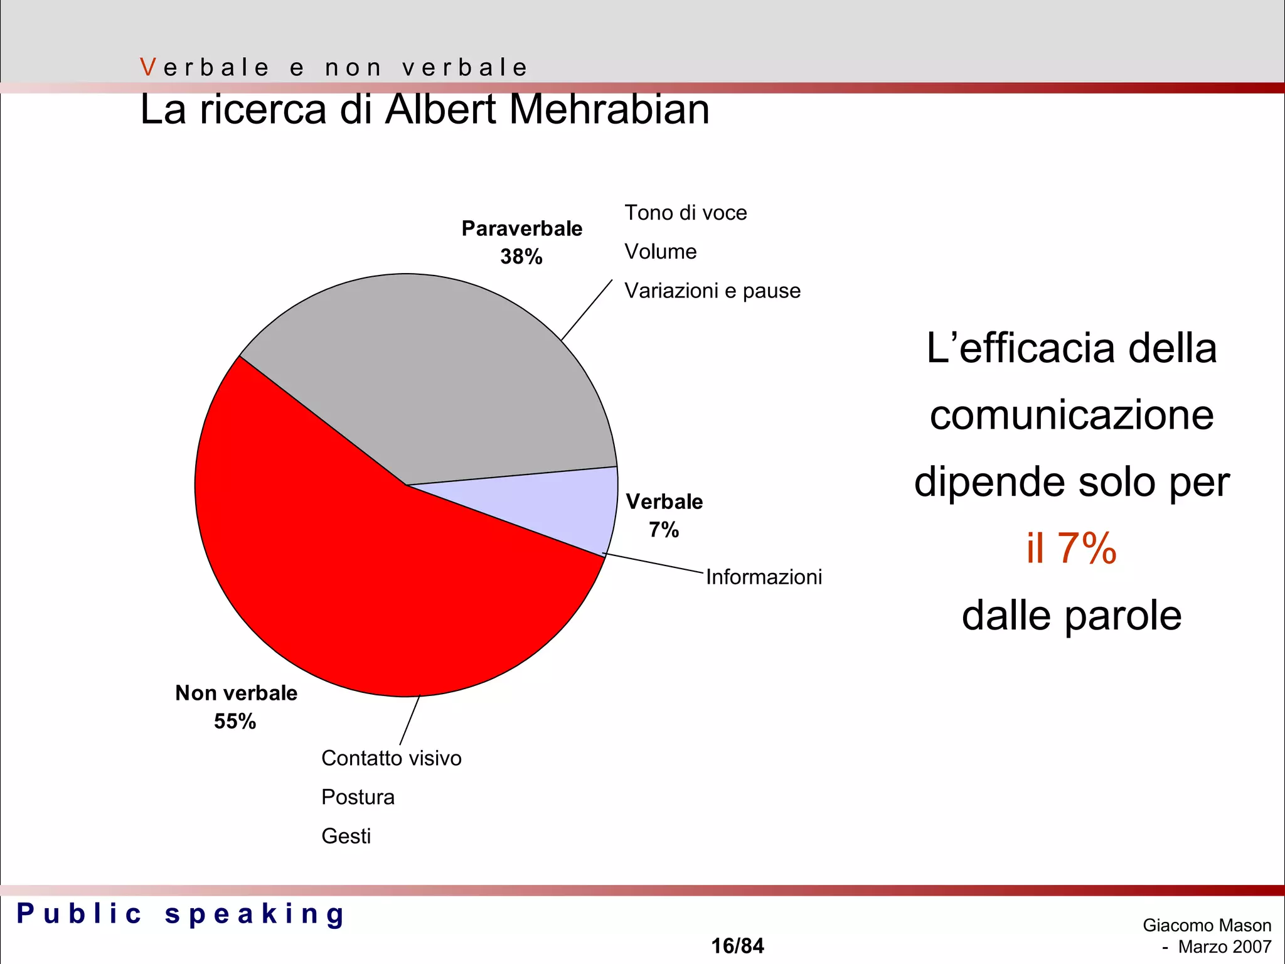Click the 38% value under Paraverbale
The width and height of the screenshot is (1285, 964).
(521, 257)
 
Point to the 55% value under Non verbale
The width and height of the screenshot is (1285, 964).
(235, 721)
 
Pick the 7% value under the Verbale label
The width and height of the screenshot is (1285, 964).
(664, 530)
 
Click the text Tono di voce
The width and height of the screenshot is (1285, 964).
(686, 213)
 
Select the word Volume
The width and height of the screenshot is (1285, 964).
(661, 252)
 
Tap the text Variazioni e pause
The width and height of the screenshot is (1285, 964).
(713, 291)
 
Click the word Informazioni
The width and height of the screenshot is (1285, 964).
(764, 577)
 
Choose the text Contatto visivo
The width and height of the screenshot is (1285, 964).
(392, 758)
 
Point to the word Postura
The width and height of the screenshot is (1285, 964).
(358, 797)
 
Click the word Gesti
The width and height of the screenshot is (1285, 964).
(346, 836)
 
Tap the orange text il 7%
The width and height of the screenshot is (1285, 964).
(1072, 548)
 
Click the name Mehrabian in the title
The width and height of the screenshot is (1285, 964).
(609, 110)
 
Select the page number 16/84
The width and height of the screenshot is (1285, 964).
(737, 945)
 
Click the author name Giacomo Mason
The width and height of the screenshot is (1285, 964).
(1207, 925)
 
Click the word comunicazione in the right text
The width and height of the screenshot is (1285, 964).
(1072, 415)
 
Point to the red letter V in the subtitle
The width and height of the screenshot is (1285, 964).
(148, 67)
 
